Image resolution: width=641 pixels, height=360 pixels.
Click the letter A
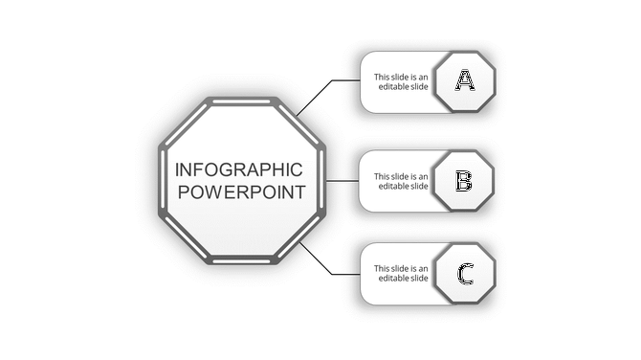465,80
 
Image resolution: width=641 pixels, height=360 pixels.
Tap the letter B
463,180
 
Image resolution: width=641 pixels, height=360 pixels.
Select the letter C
465,275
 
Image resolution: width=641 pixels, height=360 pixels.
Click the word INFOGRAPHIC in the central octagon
240,169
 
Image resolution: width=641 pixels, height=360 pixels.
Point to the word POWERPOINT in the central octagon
242,192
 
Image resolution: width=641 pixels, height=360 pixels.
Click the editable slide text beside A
401,81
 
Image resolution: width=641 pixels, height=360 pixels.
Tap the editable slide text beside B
401,181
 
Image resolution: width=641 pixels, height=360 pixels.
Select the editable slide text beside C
401,274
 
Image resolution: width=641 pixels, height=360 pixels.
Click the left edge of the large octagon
162,180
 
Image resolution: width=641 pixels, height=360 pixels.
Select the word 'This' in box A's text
382,77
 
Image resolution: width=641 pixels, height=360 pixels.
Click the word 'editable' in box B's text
393,186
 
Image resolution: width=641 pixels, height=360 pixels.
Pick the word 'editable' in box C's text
393,279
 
